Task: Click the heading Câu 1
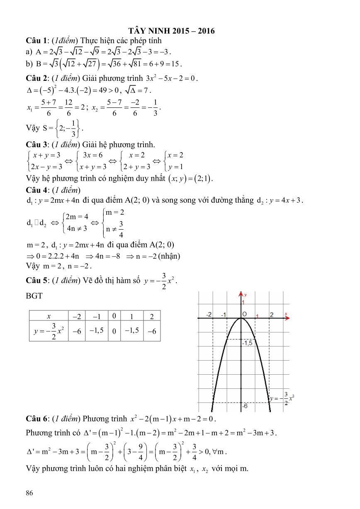click(36, 41)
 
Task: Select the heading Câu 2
click(36, 78)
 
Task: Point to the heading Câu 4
click(36, 190)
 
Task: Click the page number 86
click(29, 493)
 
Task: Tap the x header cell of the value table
click(49, 316)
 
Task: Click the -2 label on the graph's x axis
click(210, 314)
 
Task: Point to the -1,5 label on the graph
click(248, 343)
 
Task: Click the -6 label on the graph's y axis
click(245, 407)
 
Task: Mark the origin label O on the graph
click(245, 314)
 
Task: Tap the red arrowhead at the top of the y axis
click(241, 294)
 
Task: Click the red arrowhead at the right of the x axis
click(286, 318)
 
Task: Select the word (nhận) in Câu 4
click(169, 256)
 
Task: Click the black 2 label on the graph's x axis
click(272, 315)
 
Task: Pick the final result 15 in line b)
click(175, 64)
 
